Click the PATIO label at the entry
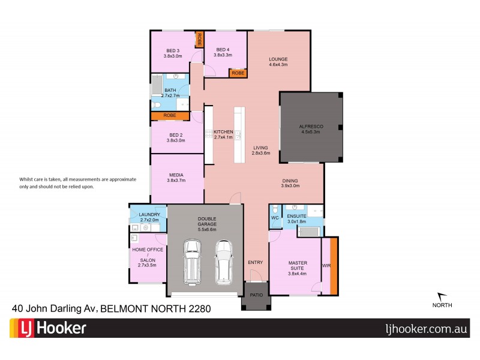click(256, 294)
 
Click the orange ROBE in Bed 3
click(199, 40)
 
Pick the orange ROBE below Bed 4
click(238, 73)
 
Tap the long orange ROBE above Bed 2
click(170, 115)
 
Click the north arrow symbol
click(441, 296)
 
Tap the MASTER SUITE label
click(298, 266)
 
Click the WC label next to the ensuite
click(274, 218)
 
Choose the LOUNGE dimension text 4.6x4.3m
click(278, 65)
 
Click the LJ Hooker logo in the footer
click(48, 329)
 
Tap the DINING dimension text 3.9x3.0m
click(290, 186)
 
